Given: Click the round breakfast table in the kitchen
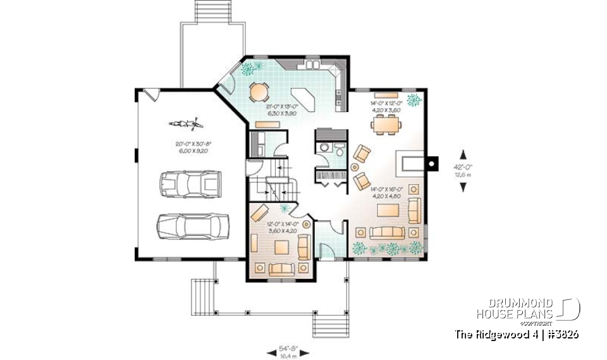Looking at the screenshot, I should tap(260, 92).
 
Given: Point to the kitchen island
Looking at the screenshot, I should tap(307, 99).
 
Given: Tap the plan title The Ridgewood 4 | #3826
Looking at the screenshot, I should tap(517, 334).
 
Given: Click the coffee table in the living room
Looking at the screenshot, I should tap(387, 211).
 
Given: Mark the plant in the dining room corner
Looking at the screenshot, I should tap(415, 99).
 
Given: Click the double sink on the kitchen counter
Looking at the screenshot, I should tap(312, 65).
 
